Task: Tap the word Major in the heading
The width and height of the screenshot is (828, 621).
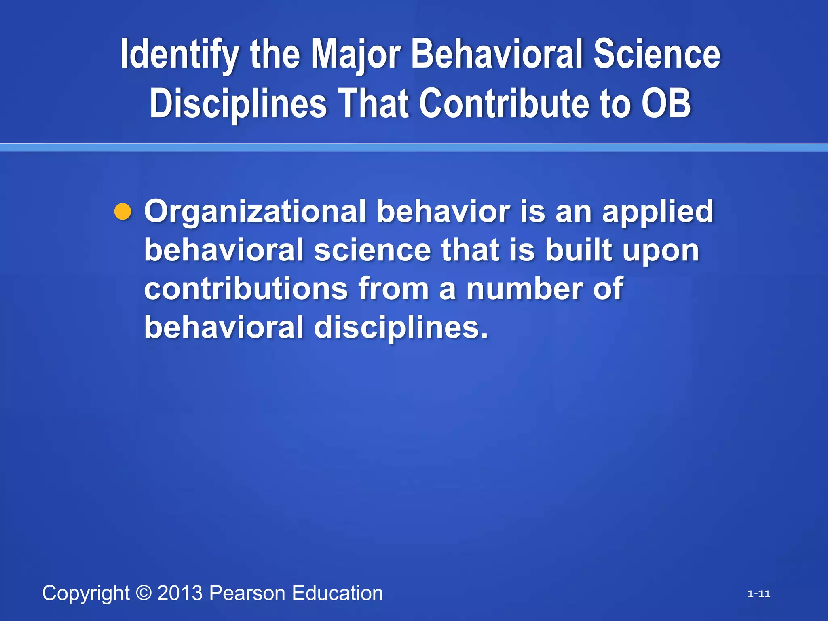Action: point(355,55)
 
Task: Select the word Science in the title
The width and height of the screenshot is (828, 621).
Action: point(657,55)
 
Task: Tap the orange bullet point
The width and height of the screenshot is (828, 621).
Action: point(123,212)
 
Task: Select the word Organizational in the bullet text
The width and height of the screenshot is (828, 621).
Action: point(255,212)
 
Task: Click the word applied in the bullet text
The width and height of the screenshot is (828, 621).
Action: point(658,212)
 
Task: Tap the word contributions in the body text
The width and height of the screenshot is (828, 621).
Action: point(246,289)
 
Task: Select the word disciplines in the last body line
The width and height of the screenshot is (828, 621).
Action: point(401,327)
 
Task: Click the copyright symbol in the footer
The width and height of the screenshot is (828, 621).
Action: point(144,593)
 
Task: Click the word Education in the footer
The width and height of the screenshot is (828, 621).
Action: point(337,593)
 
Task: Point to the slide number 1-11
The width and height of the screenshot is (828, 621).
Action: point(759,594)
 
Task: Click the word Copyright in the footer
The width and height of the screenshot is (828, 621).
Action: point(86,594)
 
